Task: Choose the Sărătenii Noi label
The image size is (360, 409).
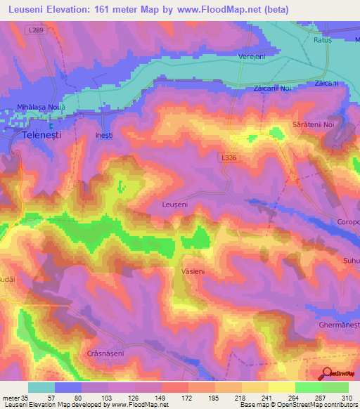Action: click(x=312, y=124)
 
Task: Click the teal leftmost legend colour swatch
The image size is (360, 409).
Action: click(x=41, y=387)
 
